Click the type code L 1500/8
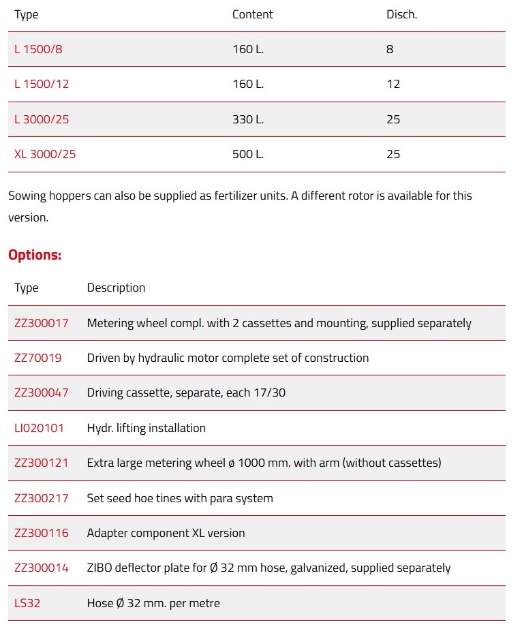click(x=38, y=49)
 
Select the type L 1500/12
click(x=42, y=84)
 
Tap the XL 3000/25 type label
click(x=45, y=154)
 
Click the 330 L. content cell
click(x=248, y=119)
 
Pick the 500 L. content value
click(x=248, y=154)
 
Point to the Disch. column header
click(x=401, y=14)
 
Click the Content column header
click(x=252, y=14)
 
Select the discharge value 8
click(x=390, y=49)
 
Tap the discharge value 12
click(x=393, y=84)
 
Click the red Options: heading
click(x=35, y=255)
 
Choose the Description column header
click(x=116, y=288)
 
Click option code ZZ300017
click(x=42, y=323)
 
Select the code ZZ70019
click(x=38, y=358)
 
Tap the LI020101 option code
click(x=40, y=428)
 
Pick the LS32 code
click(x=27, y=603)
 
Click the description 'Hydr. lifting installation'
click(x=146, y=428)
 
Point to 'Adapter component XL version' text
click(x=166, y=533)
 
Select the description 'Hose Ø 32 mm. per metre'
click(x=153, y=603)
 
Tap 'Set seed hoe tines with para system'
click(x=180, y=498)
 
